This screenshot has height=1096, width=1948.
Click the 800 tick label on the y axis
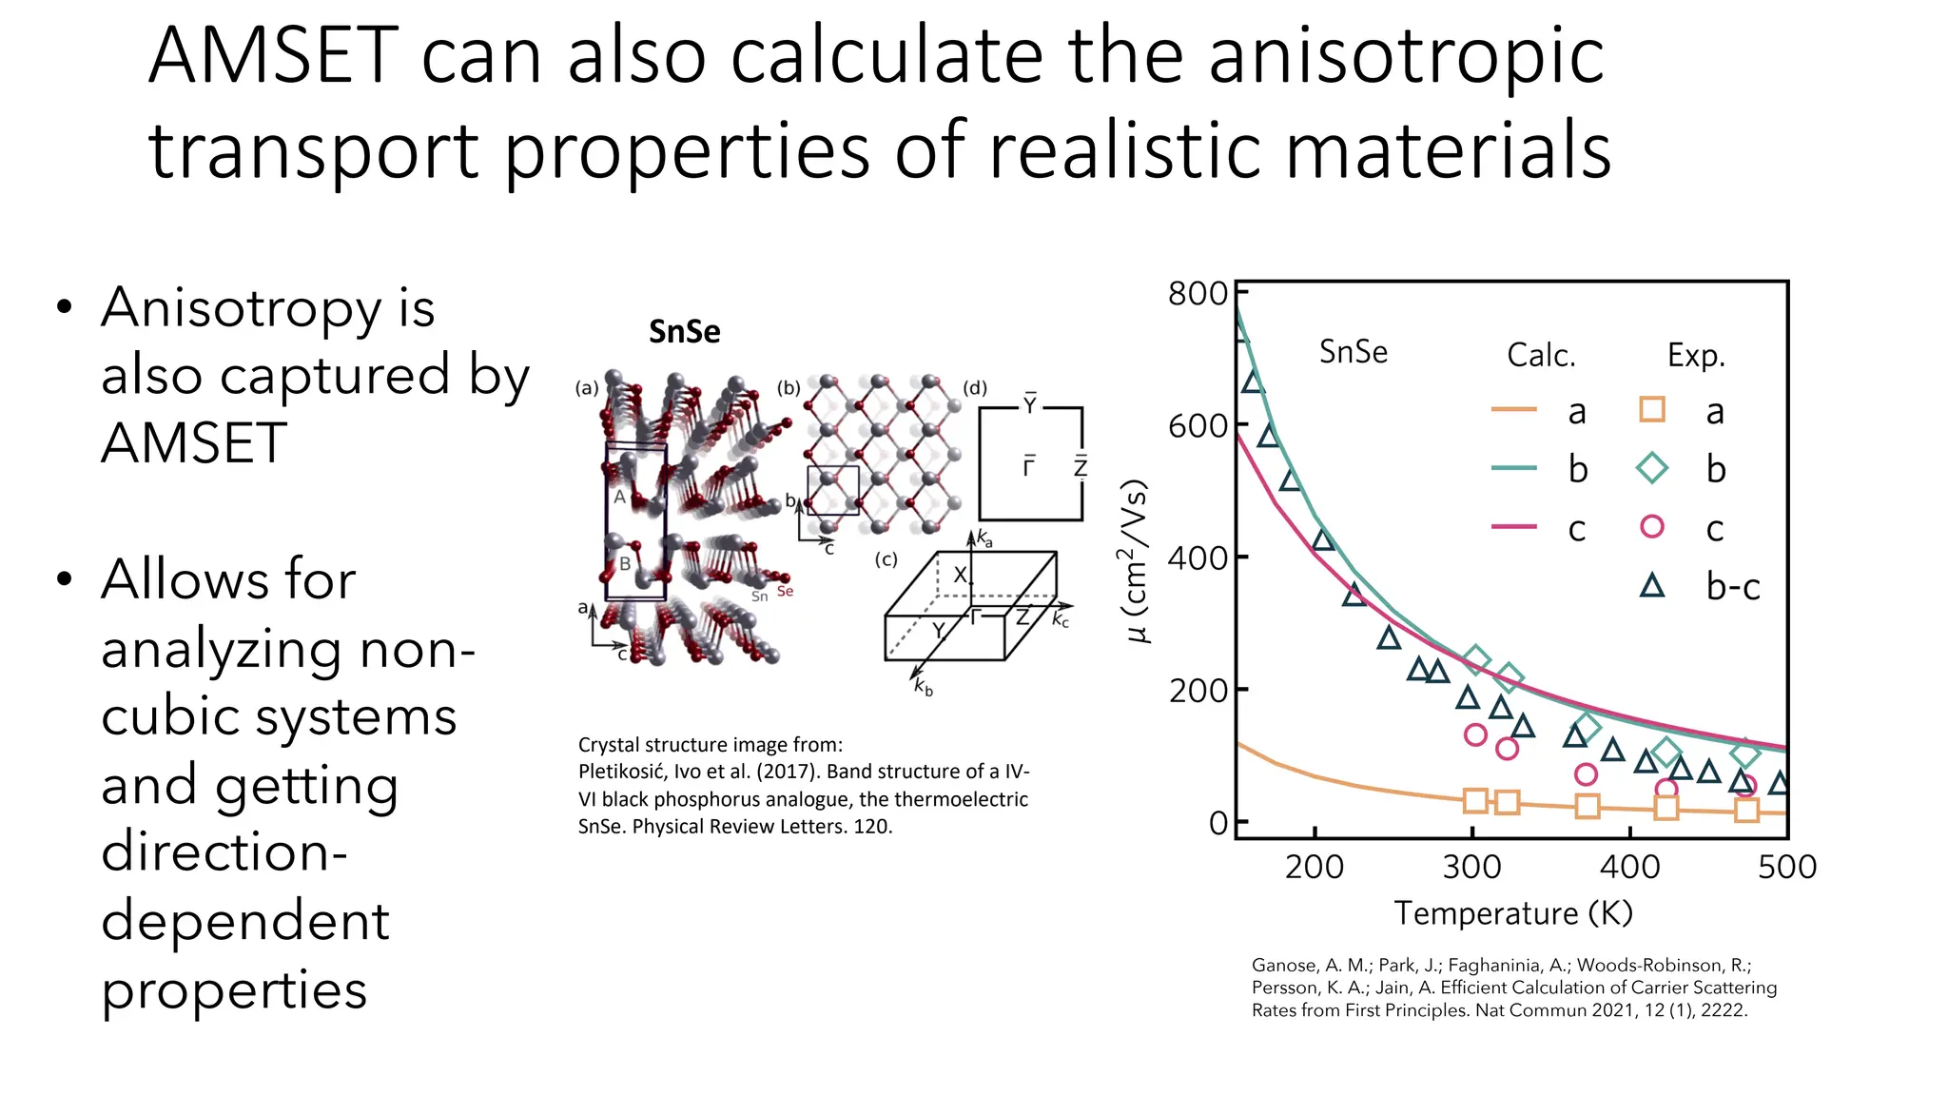[x=1198, y=293]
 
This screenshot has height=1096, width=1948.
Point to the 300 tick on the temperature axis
[x=1471, y=867]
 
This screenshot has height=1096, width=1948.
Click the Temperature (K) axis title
[x=1513, y=912]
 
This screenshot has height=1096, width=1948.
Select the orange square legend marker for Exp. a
[x=1652, y=410]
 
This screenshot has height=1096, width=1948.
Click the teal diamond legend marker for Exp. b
[x=1652, y=468]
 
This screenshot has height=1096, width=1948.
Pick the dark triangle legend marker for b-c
[x=1652, y=586]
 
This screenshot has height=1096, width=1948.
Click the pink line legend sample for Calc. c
[x=1513, y=526]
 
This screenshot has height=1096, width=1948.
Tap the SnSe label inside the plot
[x=1353, y=352]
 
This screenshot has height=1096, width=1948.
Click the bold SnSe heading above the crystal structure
[x=684, y=331]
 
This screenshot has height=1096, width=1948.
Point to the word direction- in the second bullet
[x=224, y=851]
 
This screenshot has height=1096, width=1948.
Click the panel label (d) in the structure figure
[x=975, y=388]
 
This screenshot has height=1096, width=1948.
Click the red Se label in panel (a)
[x=785, y=592]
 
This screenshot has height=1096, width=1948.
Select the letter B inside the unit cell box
[x=625, y=563]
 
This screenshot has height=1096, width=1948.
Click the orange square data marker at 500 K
[x=1746, y=810]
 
